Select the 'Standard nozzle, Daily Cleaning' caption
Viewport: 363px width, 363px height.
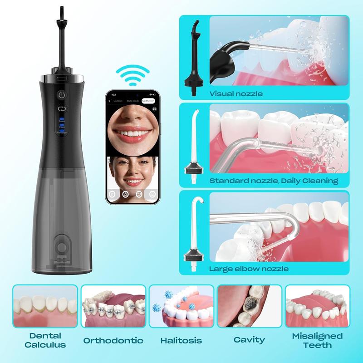(x=274, y=181)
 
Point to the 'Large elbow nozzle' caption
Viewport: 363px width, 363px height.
(x=249, y=268)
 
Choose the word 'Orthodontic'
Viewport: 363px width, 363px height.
(x=113, y=340)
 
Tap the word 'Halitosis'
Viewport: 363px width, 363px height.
(x=181, y=340)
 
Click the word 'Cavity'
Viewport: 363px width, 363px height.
(x=250, y=340)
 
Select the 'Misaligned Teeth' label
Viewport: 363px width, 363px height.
(x=318, y=340)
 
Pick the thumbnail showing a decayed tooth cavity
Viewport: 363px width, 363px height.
(x=250, y=306)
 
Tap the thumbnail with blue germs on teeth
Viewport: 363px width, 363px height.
(x=181, y=306)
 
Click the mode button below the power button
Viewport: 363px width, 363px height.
(x=62, y=108)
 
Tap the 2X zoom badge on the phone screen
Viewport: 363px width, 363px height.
(x=154, y=109)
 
